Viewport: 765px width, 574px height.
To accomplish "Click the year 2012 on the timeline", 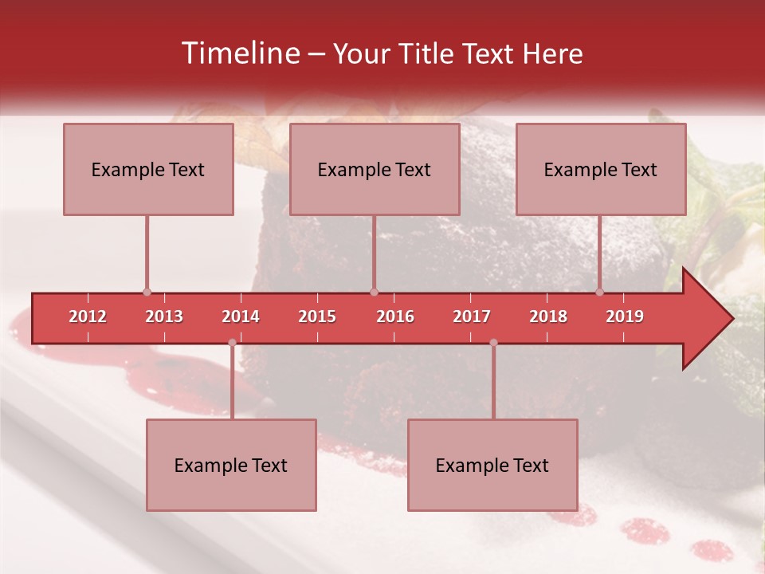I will [88, 316].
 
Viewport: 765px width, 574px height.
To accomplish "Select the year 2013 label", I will [164, 316].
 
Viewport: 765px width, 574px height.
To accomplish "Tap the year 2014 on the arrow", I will [241, 316].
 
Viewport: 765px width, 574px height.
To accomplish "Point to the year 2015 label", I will [317, 316].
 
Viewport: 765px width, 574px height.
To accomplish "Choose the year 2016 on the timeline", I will [395, 316].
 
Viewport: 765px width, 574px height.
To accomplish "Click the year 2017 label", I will [472, 316].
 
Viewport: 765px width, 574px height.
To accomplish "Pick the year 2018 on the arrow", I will [548, 316].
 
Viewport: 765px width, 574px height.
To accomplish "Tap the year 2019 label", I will [625, 316].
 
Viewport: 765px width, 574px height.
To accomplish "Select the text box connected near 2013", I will [148, 169].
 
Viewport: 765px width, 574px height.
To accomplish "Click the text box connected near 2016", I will [375, 169].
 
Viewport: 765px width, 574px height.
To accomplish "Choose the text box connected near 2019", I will [601, 169].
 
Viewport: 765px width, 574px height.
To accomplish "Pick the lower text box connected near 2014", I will [231, 465].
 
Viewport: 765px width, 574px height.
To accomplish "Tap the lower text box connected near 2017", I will [492, 465].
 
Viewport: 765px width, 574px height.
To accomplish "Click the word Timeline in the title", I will [240, 53].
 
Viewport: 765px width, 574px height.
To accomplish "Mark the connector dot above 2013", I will [147, 293].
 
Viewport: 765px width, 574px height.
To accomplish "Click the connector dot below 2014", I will [232, 343].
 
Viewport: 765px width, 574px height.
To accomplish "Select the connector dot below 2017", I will [493, 343].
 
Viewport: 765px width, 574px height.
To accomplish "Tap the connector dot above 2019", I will [600, 293].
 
